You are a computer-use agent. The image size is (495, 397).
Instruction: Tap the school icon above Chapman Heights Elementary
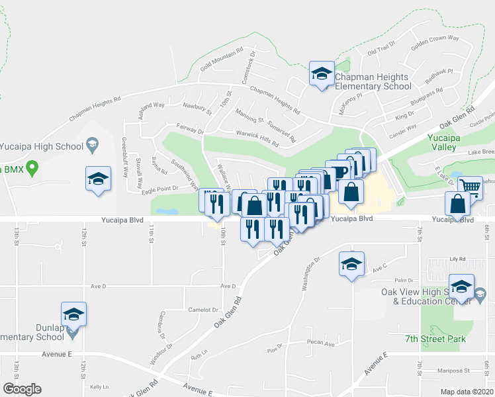point(322,73)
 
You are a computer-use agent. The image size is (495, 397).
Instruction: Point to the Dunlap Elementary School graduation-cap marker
point(73,314)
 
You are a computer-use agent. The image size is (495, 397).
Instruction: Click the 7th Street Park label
point(435,339)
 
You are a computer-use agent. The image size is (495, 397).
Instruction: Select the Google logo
point(22,389)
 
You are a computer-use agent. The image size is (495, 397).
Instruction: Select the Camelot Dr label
point(202,310)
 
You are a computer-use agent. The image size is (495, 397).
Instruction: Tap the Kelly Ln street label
point(99,386)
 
